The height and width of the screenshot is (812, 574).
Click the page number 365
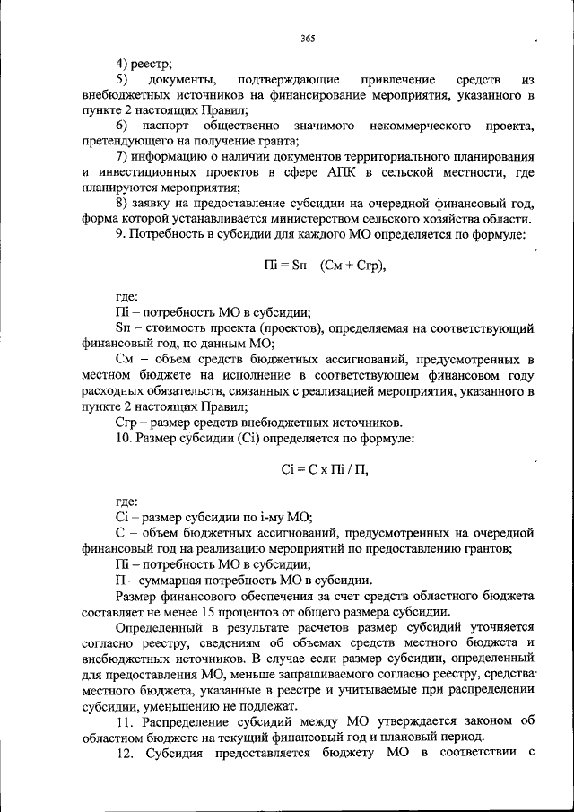pos(308,38)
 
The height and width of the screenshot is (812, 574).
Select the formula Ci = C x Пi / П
pos(325,468)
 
